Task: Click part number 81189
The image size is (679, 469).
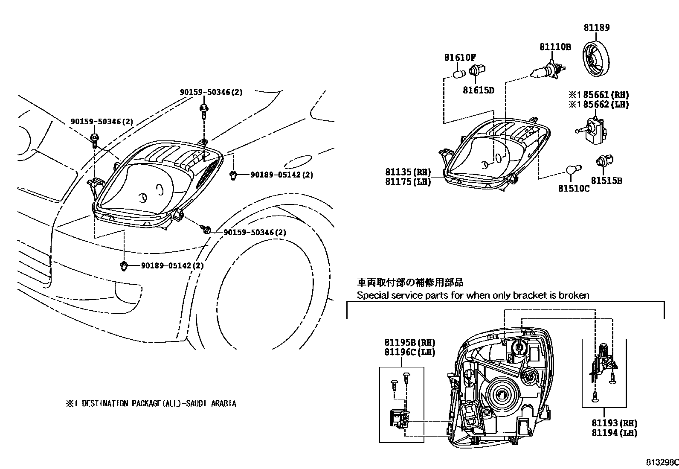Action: [x=597, y=28]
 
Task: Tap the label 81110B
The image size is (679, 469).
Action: [x=555, y=47]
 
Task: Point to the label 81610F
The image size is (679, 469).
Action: [x=460, y=58]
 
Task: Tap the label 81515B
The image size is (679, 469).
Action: [x=606, y=181]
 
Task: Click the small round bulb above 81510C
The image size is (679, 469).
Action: [x=571, y=170]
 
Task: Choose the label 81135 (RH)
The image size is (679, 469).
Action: [x=408, y=172]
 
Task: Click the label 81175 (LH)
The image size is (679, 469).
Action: [x=408, y=182]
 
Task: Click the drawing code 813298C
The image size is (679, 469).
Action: [x=662, y=463]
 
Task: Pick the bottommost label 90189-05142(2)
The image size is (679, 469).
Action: [x=172, y=266]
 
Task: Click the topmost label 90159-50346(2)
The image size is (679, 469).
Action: [x=211, y=92]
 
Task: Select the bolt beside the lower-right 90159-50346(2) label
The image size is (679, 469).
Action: [x=206, y=230]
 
